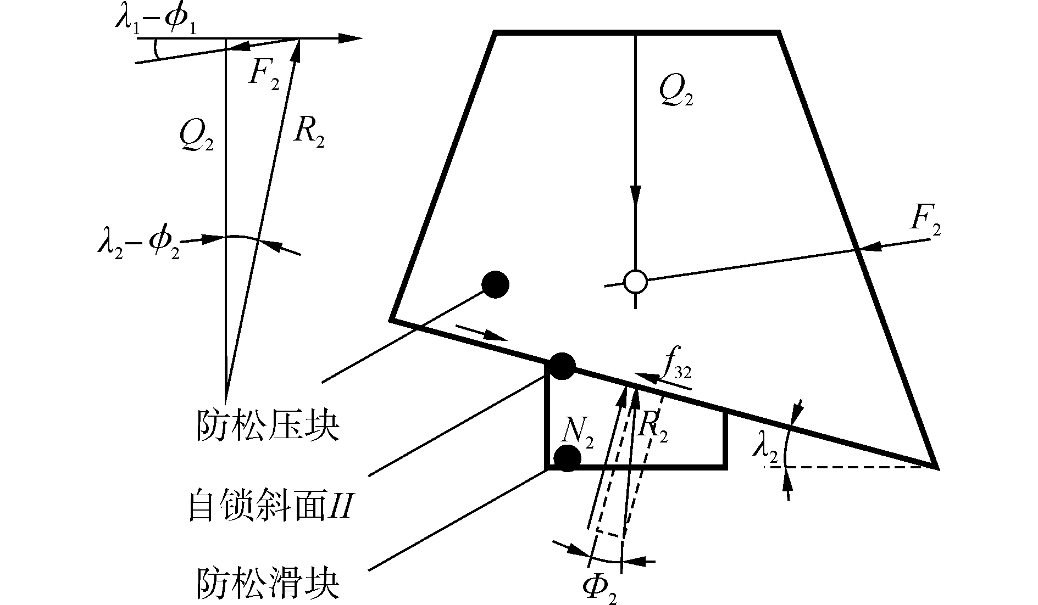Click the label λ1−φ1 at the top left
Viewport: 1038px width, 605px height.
point(156,20)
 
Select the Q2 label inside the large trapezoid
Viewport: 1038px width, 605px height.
point(675,93)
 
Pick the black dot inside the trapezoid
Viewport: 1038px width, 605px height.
point(495,284)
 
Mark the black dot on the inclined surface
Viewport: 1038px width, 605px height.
point(562,366)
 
